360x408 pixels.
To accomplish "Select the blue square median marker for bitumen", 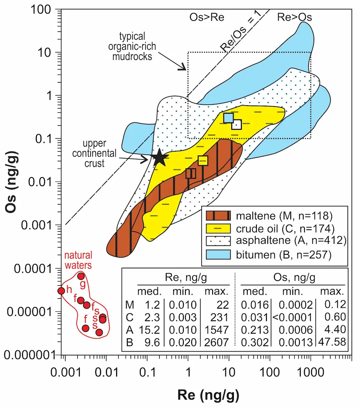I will pos(228,118).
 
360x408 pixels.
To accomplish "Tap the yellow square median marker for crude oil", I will pos(203,161).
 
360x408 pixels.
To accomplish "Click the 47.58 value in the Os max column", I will pos(332,342).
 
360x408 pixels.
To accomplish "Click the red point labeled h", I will pos(61,291).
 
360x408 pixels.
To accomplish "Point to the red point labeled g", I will pos(81,276).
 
